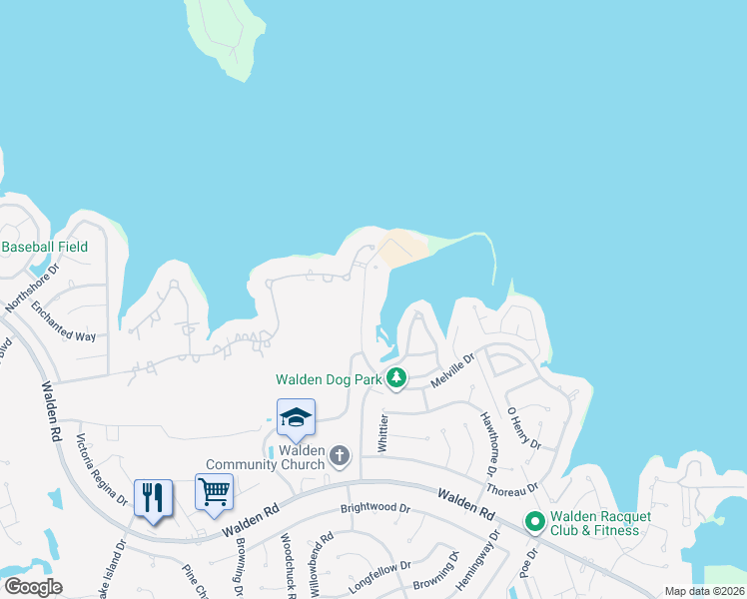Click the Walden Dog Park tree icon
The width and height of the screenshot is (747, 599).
tap(397, 378)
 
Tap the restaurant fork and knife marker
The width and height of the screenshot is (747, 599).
tap(153, 496)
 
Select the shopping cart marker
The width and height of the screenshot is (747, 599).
tap(214, 491)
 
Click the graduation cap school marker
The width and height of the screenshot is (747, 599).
tap(296, 416)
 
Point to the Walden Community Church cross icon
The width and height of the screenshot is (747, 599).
tap(340, 456)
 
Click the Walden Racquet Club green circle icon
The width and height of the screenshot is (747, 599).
tap(534, 521)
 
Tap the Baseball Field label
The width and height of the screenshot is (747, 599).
tap(45, 247)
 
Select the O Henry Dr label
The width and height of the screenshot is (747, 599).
tap(523, 427)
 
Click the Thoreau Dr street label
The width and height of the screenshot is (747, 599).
tap(512, 489)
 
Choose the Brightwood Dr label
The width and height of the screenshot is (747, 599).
tap(374, 507)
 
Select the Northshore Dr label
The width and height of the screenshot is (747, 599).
tap(33, 289)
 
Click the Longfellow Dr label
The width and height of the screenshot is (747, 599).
tap(379, 579)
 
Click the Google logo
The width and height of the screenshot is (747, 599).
tap(32, 587)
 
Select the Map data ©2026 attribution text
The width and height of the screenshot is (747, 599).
tap(704, 591)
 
